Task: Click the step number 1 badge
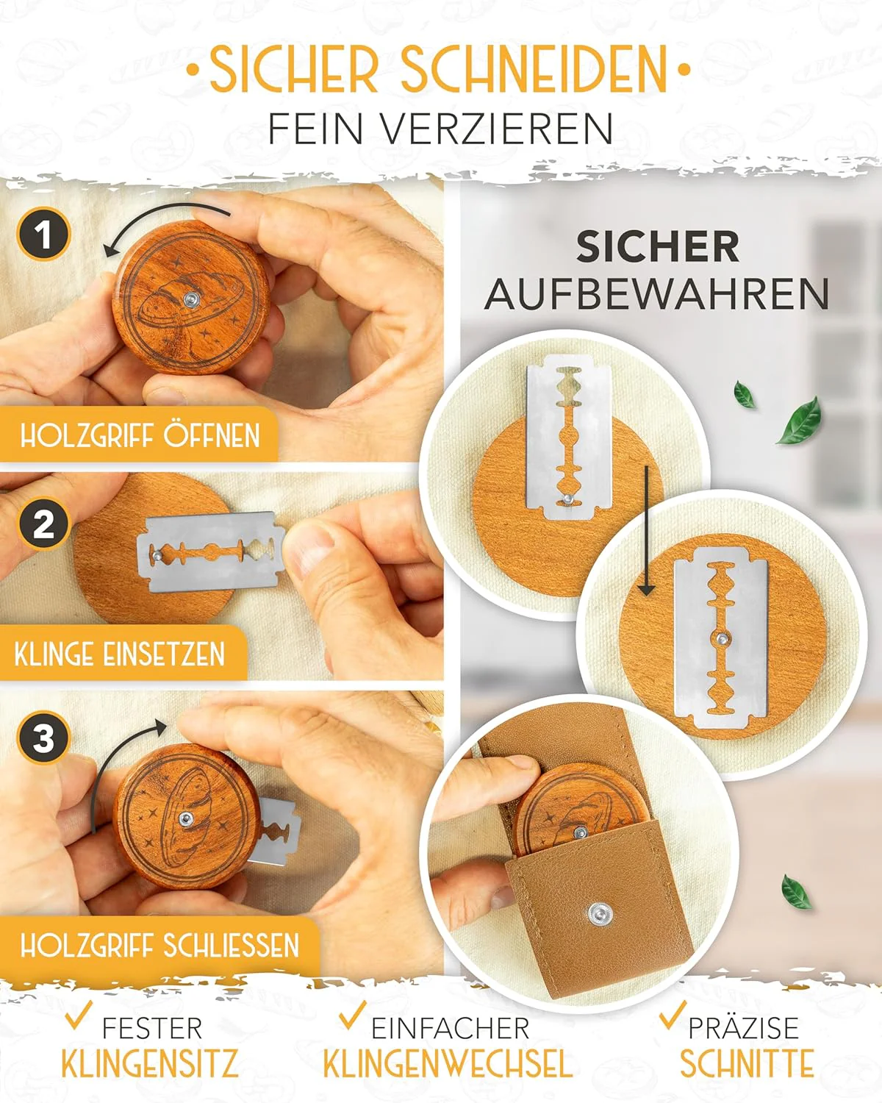point(43,235)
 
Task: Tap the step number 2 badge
point(43,525)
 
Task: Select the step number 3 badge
point(43,738)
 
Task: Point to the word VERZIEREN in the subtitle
point(498,129)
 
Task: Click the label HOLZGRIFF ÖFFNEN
point(140,435)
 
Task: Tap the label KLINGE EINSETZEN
point(120,654)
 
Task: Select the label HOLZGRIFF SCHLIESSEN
point(159,945)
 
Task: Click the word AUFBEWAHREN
point(656,294)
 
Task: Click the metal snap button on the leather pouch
point(597,915)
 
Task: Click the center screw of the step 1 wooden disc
point(191,299)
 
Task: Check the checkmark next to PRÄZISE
point(671,1016)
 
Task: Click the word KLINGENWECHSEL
point(447,1064)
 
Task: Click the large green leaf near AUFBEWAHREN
point(800,421)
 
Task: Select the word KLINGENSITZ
point(150,1064)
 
